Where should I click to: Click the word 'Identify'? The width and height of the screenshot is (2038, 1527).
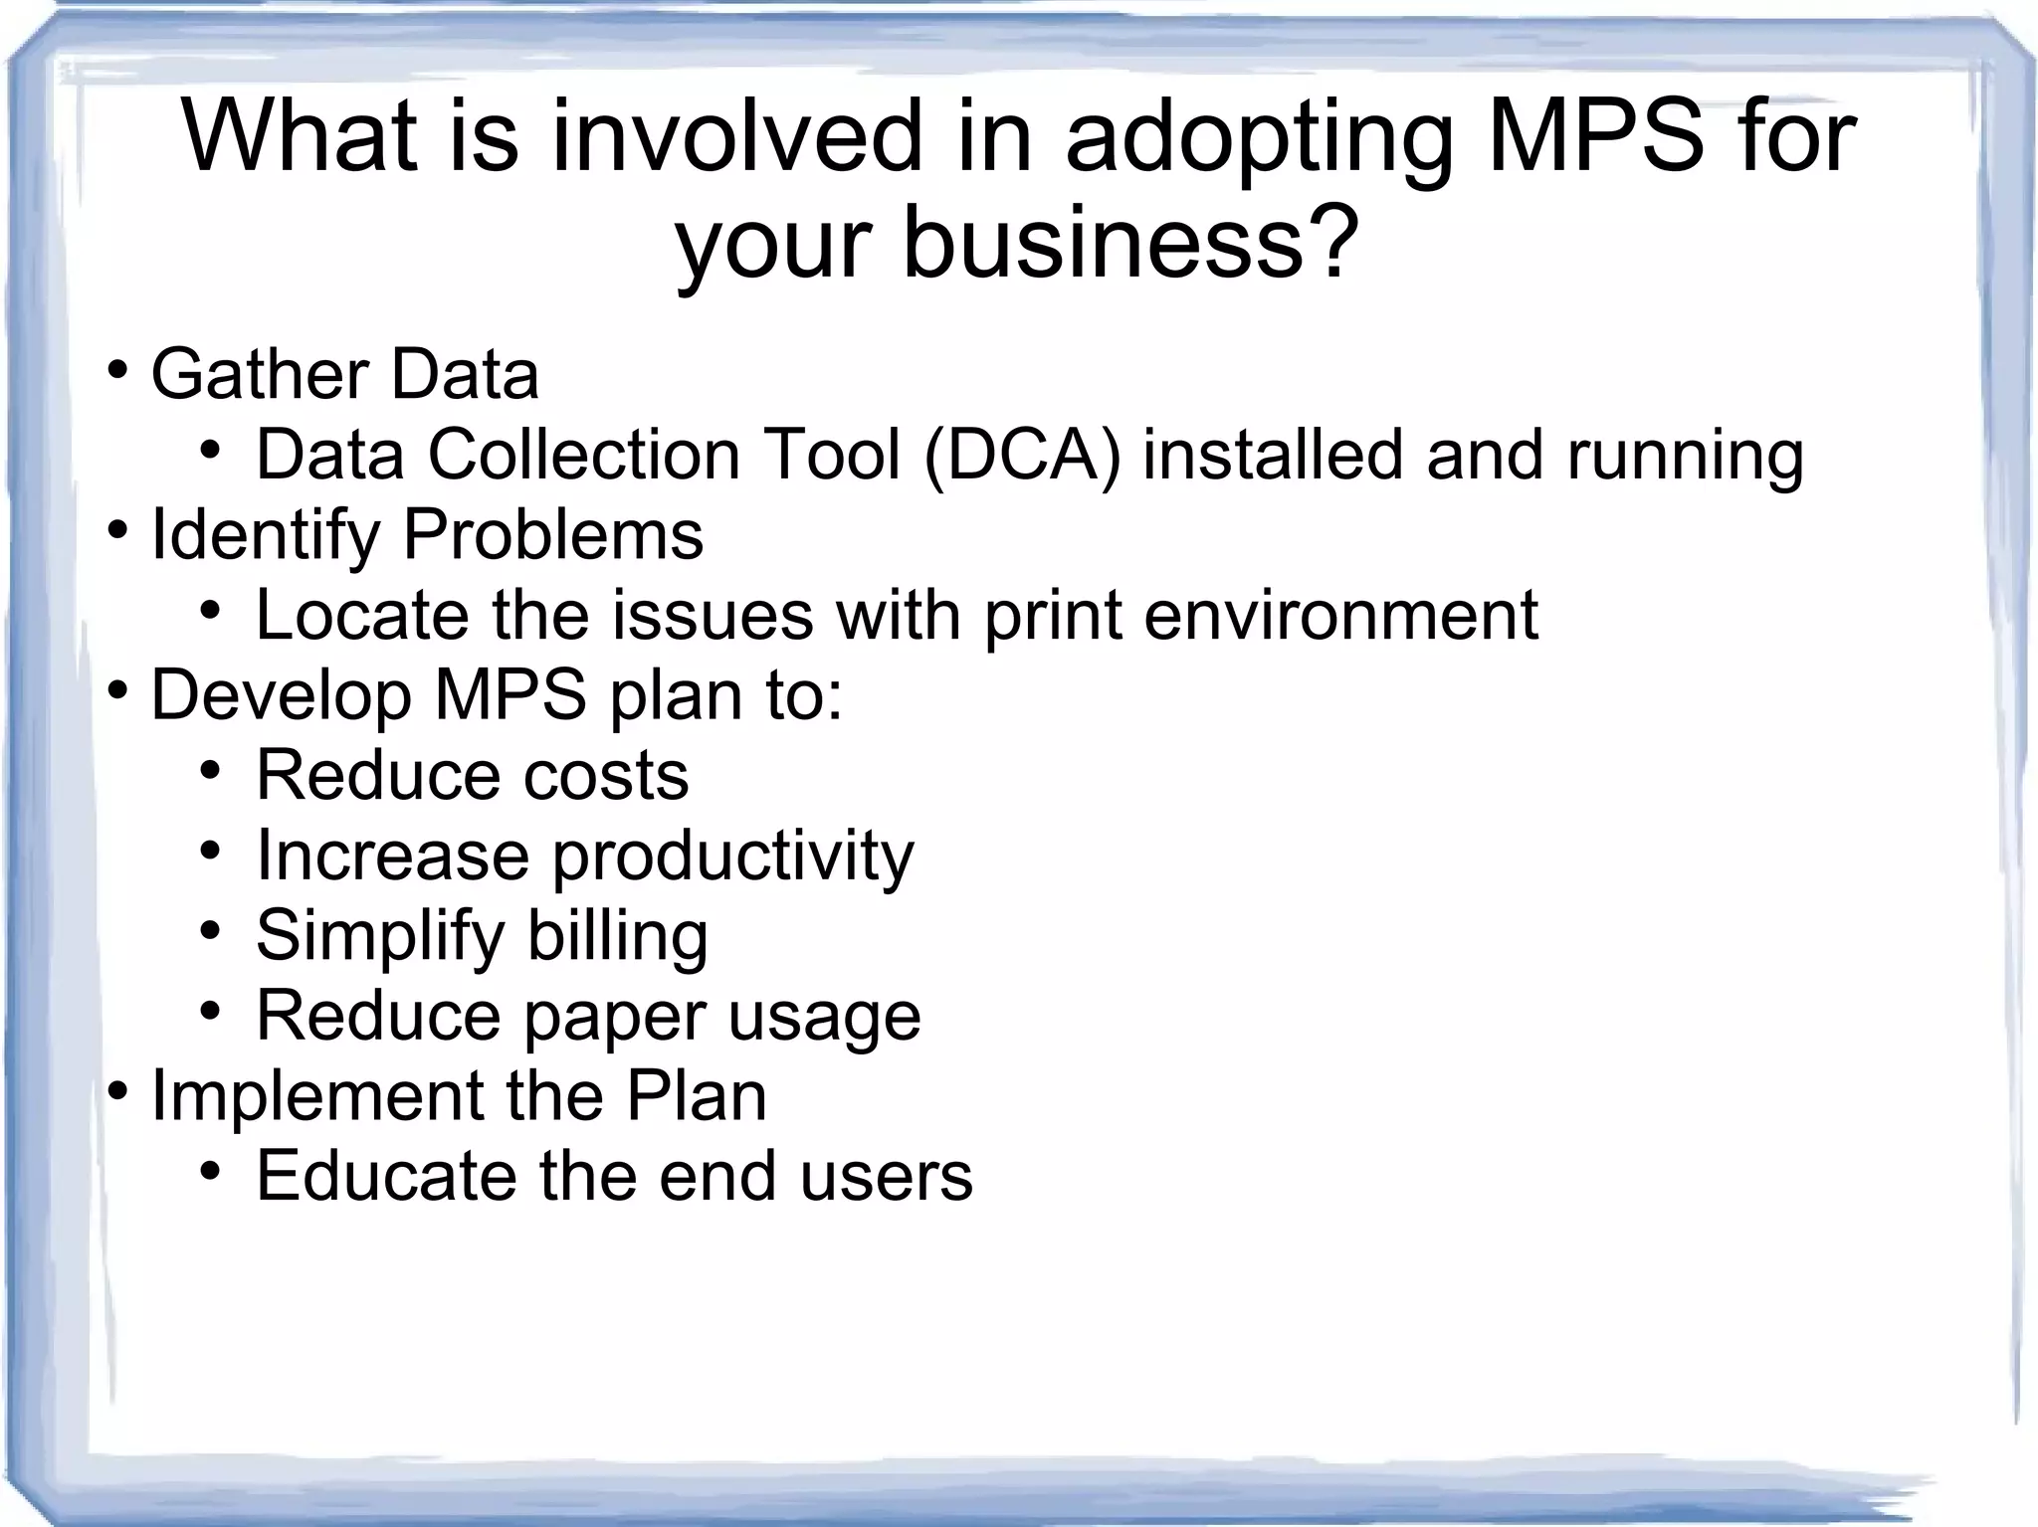[x=265, y=535]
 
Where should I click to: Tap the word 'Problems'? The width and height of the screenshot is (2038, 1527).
[x=552, y=535]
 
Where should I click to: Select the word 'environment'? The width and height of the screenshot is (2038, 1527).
[x=1340, y=615]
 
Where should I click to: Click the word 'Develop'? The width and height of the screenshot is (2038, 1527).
[x=281, y=696]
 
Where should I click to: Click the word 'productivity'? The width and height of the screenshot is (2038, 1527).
[x=732, y=857]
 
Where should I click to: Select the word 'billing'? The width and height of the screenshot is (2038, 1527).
[x=617, y=936]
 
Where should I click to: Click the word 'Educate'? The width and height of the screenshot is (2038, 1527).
[x=386, y=1176]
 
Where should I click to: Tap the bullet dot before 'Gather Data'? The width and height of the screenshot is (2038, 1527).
[x=117, y=371]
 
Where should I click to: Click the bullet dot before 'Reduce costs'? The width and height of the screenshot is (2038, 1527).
[x=209, y=770]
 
